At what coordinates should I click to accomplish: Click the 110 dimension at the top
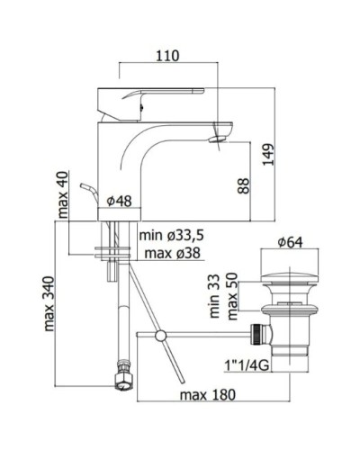[x=167, y=56]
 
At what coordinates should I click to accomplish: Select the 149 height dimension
[x=268, y=155]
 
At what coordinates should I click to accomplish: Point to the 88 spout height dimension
[x=244, y=186]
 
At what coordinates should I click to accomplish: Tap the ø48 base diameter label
[x=120, y=201]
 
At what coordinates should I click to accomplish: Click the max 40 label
[x=63, y=194]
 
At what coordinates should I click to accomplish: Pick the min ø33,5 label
[x=172, y=236]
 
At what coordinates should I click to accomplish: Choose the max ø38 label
[x=172, y=254]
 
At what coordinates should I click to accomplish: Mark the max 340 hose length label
[x=49, y=304]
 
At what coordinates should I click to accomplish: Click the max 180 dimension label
[x=208, y=395]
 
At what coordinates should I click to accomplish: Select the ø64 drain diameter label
[x=290, y=242]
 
